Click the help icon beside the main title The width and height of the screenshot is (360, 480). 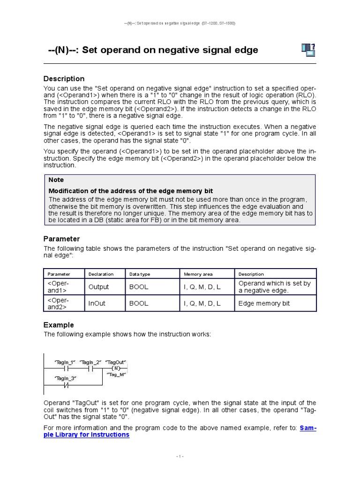pos(307,49)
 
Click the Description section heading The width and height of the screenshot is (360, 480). pos(64,79)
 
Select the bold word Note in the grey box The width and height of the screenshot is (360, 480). pos(56,180)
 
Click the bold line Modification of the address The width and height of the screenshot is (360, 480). pos(131,191)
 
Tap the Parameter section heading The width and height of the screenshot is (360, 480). pos(61,239)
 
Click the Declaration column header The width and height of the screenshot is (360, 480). pos(101,274)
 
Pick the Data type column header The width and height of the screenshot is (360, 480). pos(140,274)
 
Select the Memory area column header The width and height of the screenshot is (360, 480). pos(198,274)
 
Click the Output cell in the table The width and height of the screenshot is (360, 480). pos(98,287)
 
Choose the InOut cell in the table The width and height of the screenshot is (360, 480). pos(97,303)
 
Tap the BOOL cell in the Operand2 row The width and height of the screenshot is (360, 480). pos(139,303)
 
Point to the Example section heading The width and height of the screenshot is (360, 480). pos(59,325)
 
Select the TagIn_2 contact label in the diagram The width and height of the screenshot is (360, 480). pos(90,362)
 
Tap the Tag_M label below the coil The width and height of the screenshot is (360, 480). pos(116,375)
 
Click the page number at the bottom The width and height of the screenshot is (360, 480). pos(180,456)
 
